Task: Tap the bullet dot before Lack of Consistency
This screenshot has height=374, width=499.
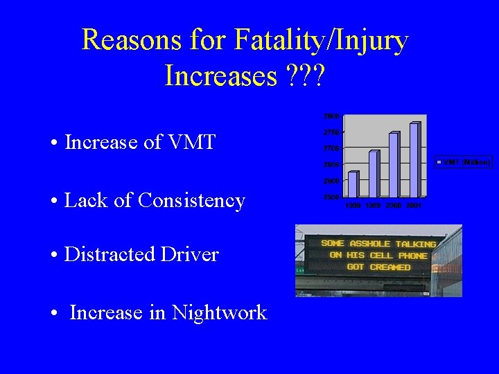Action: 53,202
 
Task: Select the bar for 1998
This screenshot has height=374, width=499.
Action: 353,184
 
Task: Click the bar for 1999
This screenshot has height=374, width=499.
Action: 374,173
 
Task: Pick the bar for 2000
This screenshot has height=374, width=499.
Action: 394,165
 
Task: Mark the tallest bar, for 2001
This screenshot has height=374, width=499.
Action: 414,160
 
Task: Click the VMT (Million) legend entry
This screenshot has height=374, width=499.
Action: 464,162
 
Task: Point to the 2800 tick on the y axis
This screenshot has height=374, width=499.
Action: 331,116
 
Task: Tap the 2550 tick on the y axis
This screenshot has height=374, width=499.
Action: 331,197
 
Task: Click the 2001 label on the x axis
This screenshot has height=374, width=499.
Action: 414,206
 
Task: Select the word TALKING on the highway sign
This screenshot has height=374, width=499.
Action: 412,244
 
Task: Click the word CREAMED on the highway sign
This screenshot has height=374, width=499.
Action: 389,267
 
